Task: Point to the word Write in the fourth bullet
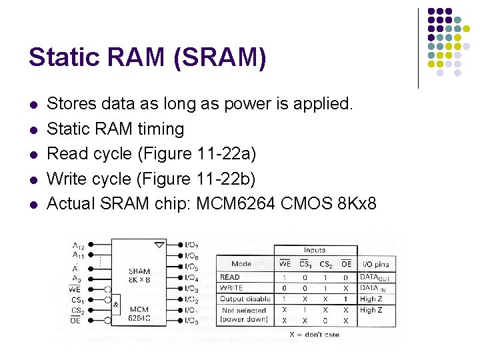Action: [x=65, y=179]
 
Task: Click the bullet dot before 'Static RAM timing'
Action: [x=32, y=129]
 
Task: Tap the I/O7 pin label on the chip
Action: [x=192, y=245]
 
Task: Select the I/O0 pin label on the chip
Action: [x=192, y=321]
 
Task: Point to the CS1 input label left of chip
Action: [x=78, y=300]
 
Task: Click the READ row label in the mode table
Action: [x=230, y=277]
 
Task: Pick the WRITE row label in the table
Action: [x=231, y=288]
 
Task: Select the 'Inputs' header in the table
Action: [x=314, y=250]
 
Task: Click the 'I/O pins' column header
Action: [x=375, y=264]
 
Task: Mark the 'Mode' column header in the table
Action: [x=241, y=264]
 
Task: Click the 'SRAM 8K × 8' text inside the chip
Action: [x=139, y=275]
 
